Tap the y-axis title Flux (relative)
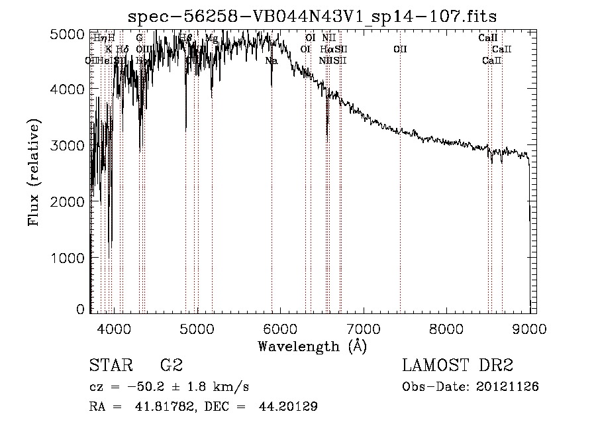click(34, 173)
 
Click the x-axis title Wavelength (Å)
click(312, 346)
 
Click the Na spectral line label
click(271, 61)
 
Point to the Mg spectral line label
click(211, 38)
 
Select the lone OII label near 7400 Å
click(399, 50)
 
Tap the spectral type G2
click(171, 366)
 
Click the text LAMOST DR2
click(458, 366)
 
